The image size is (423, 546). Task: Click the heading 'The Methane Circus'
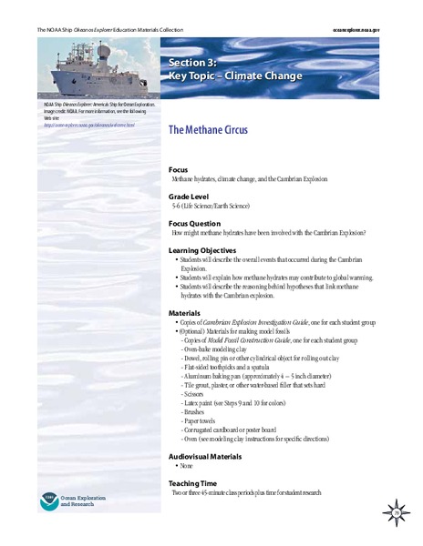pos(212,130)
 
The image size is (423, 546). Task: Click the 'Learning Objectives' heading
pos(202,250)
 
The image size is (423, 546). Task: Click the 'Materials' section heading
pos(185,313)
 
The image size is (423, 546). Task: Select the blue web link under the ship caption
pos(88,125)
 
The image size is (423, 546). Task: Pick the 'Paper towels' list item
pos(201,422)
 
